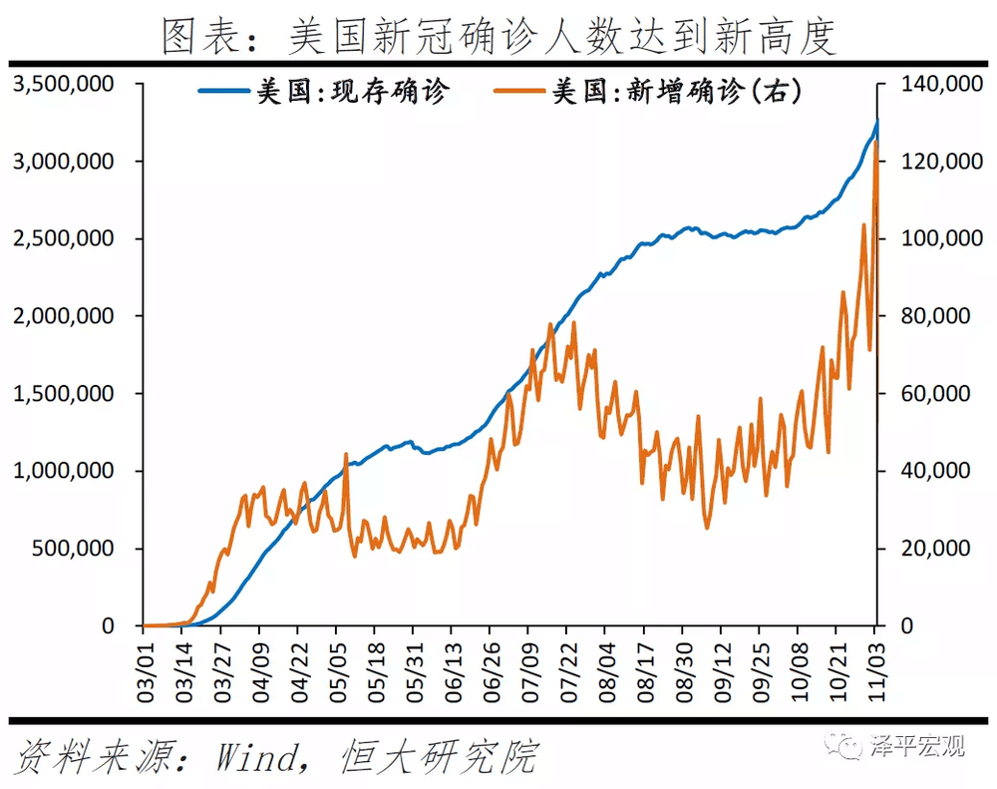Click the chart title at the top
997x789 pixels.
pyautogui.click(x=498, y=37)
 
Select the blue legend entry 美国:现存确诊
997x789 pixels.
pyautogui.click(x=324, y=93)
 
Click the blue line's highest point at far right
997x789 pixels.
pyautogui.click(x=877, y=121)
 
